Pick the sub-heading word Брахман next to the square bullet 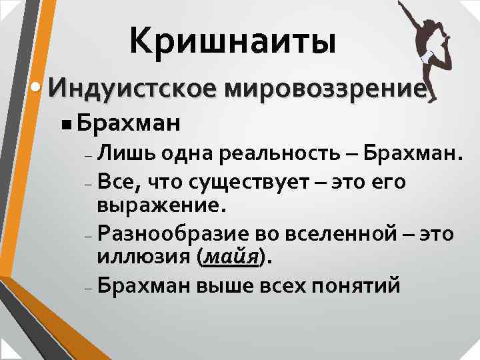[127, 123]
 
